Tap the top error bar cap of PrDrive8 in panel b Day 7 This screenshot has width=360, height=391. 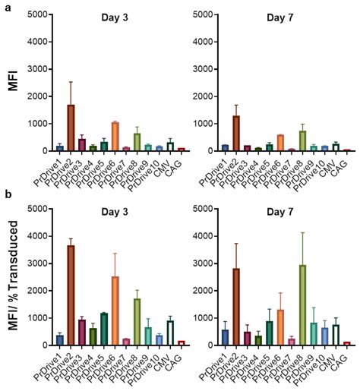coord(281,232)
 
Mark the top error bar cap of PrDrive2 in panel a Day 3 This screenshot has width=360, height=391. coord(71,82)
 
